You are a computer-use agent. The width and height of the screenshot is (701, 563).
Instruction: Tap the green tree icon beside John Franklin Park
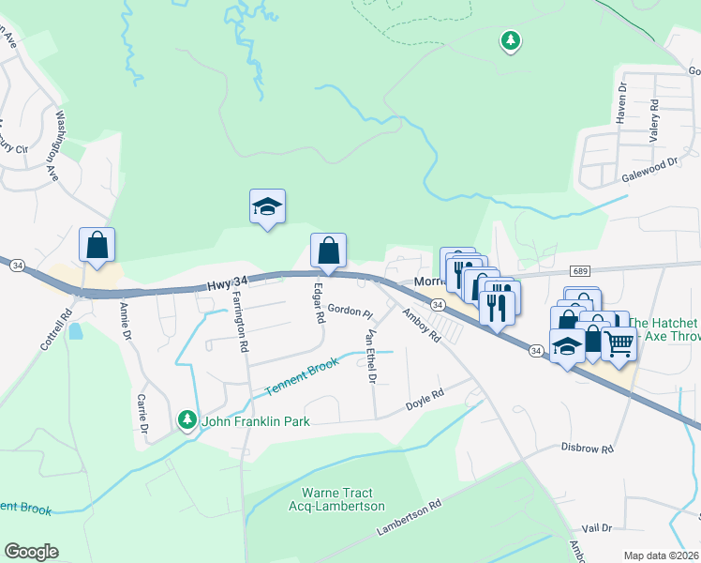pos(188,419)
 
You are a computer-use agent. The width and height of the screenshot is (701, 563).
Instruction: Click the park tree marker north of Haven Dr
pos(511,40)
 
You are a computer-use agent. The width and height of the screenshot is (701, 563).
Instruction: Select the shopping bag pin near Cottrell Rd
pos(97,246)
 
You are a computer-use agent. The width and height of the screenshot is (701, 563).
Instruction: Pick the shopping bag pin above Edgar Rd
pos(328,251)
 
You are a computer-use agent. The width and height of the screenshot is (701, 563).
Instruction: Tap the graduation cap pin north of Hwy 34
pos(267,207)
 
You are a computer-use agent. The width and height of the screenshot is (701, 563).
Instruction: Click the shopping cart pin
pos(619,344)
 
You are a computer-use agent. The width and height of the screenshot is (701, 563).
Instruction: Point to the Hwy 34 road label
pos(228,281)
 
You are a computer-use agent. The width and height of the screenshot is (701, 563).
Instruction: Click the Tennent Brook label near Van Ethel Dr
pos(301,375)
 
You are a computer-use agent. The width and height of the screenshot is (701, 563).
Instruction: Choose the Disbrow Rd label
pos(588,449)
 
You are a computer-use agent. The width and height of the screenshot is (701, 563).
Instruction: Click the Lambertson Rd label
pos(409,519)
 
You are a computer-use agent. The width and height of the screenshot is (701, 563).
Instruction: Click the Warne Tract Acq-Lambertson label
pos(343,499)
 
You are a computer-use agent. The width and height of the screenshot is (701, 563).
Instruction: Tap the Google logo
pos(31,552)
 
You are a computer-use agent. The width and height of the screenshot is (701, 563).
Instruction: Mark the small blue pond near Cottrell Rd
pos(75,331)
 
